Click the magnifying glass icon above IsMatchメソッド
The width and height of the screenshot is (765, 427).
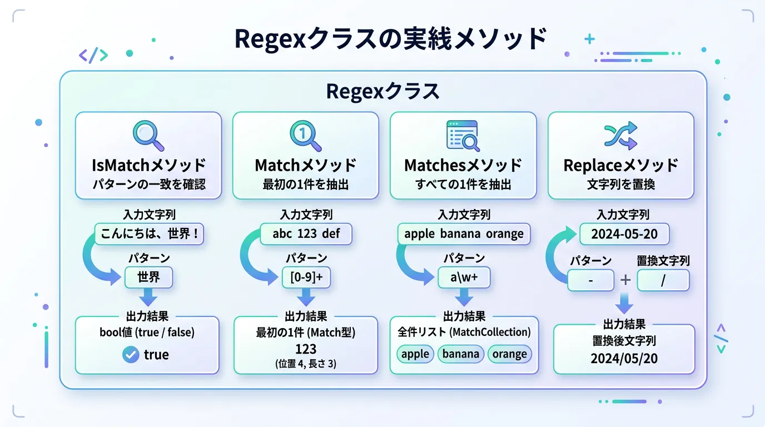point(148,136)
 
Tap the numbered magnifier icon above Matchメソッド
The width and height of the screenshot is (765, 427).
point(306,136)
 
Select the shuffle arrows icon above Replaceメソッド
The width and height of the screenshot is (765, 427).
point(620,136)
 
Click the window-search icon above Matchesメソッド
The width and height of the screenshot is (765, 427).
point(463,136)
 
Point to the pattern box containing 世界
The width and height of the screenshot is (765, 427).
point(148,277)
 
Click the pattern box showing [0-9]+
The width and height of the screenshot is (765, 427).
point(306,277)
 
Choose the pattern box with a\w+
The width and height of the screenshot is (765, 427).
point(464,277)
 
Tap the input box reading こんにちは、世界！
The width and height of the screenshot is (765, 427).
point(150,234)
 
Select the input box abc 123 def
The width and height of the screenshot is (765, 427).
point(306,234)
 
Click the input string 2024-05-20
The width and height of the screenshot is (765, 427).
point(624,234)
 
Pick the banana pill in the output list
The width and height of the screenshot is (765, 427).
point(461,354)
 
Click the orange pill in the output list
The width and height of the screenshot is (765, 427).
point(509,354)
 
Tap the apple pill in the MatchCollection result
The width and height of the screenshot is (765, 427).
point(415,354)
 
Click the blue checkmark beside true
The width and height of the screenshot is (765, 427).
point(131,355)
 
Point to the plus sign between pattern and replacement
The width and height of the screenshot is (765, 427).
point(625,280)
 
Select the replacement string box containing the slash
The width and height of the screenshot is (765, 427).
point(663,280)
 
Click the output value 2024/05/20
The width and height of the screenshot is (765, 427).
point(624,359)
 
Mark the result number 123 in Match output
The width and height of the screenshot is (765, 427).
point(306,349)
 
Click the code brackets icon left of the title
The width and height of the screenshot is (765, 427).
point(93,54)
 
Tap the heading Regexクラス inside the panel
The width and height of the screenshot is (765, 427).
point(383,92)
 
